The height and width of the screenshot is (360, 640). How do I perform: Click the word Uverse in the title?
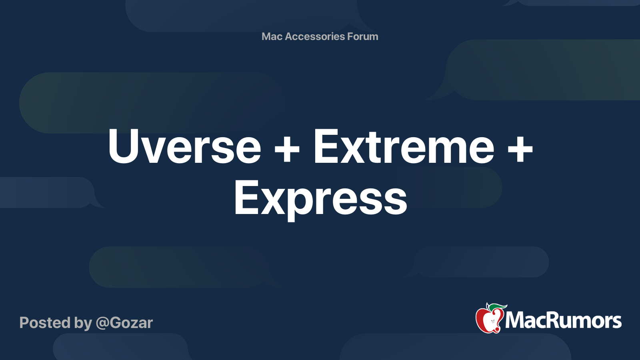[184, 147]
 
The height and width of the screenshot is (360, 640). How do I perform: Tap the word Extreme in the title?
[404, 147]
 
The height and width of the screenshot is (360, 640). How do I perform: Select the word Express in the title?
[320, 198]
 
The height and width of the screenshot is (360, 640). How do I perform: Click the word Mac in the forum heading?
[272, 36]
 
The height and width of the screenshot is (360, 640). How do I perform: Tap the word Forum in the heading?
[362, 36]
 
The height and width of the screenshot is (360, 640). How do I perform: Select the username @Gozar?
[124, 323]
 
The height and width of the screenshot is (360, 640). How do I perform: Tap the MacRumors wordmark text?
[563, 320]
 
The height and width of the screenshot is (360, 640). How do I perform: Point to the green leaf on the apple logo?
[498, 307]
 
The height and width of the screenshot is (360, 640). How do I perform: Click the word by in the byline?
[83, 323]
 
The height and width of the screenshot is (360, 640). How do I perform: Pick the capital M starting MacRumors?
[515, 320]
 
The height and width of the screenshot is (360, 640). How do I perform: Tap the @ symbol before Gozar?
[102, 323]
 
